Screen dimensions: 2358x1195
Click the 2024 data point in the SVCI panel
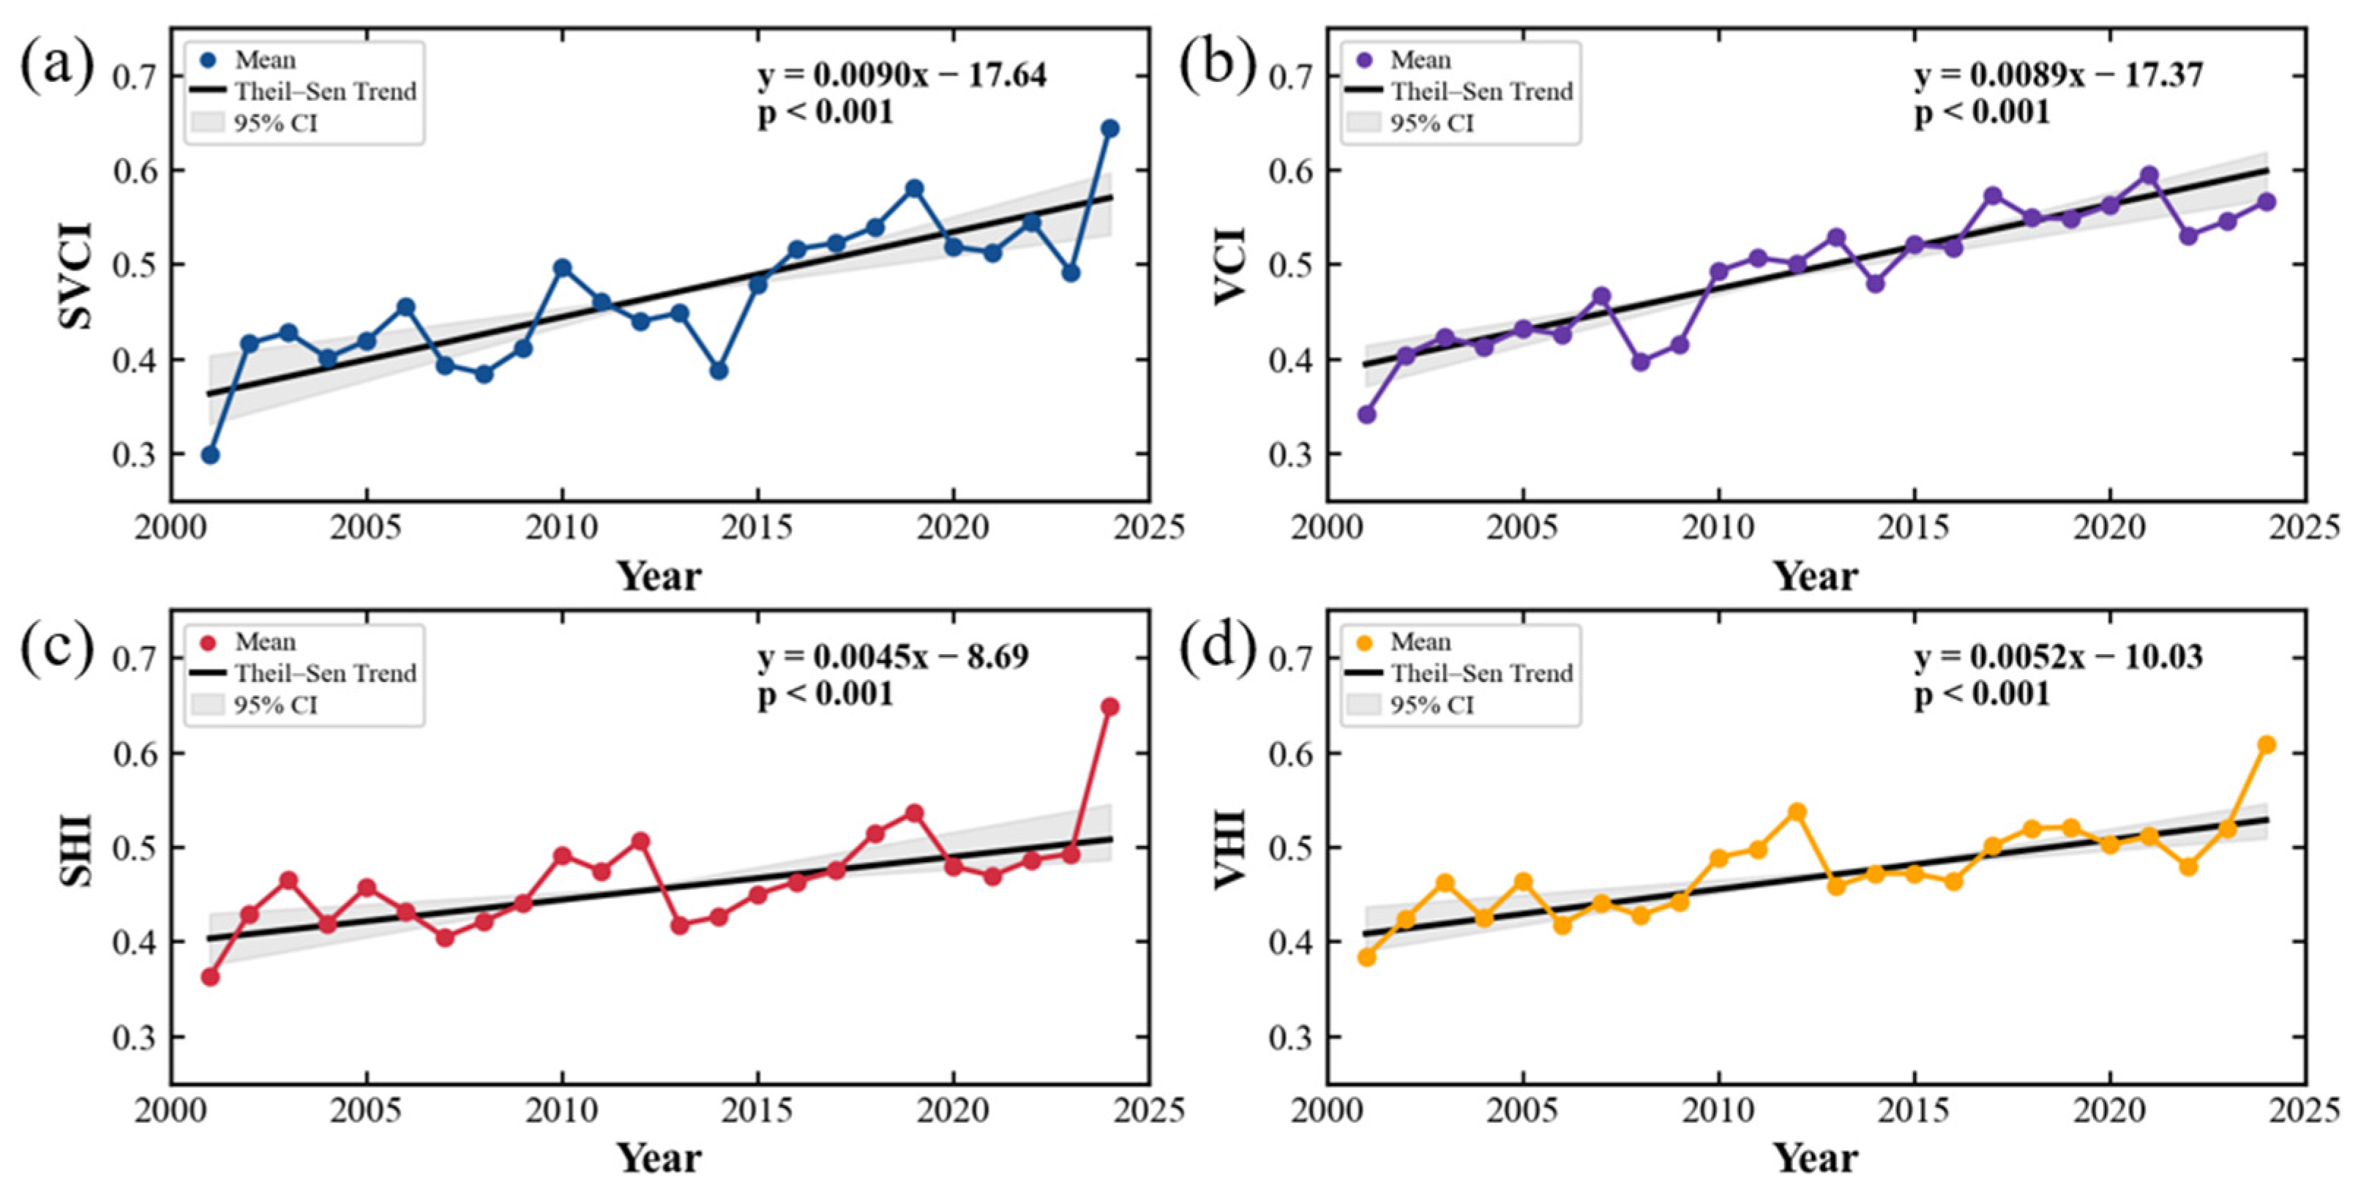click(1109, 128)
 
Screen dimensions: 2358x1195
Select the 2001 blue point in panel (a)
click(209, 454)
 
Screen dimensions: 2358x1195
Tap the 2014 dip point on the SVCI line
click(719, 370)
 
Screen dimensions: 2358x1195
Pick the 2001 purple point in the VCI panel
click(1366, 414)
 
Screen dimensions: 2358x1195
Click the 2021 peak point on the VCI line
click(2149, 175)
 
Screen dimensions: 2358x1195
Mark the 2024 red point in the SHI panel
click(1109, 706)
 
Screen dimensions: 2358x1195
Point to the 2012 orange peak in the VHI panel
click(1797, 812)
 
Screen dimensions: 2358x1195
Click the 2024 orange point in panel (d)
click(2267, 745)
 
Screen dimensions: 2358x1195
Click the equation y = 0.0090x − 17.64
click(902, 75)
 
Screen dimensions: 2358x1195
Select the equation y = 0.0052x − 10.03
click(2059, 657)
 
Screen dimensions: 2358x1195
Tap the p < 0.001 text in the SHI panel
click(825, 694)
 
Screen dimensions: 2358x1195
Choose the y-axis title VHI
click(1232, 848)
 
